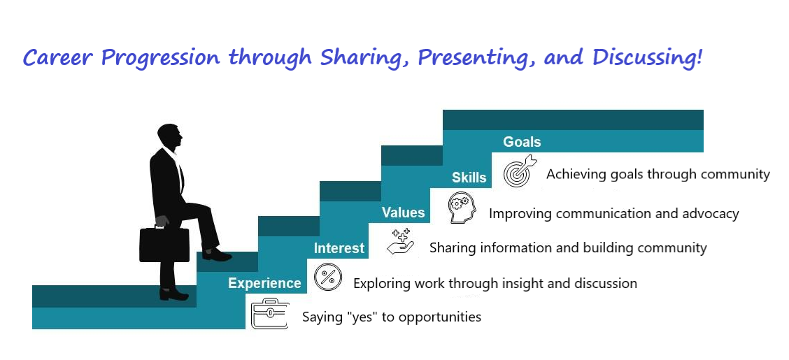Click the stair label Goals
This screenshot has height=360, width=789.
click(x=522, y=142)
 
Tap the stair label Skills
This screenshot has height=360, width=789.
click(x=469, y=178)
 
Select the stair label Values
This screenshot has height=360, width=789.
click(x=403, y=213)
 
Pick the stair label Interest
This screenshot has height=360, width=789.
click(x=339, y=248)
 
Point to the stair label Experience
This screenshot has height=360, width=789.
click(x=264, y=284)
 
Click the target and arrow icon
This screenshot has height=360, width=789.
click(x=520, y=171)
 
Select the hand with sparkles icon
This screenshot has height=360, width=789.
click(x=401, y=241)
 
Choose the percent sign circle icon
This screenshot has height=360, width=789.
click(x=328, y=277)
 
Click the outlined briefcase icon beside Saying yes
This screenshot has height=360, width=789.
click(x=270, y=314)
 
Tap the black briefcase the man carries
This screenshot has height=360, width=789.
click(x=164, y=244)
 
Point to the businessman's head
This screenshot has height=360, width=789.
click(x=169, y=135)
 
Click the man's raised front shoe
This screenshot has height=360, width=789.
click(x=217, y=255)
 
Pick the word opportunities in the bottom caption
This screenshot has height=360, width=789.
click(x=440, y=318)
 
